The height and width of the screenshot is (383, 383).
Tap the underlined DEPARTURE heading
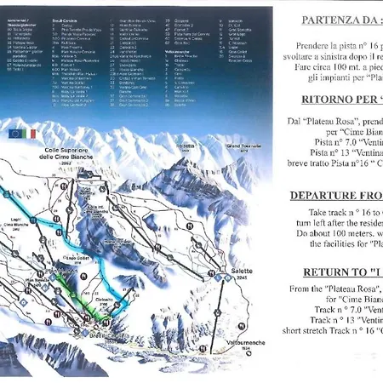(x=334, y=195)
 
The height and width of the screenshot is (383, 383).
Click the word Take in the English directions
(x=318, y=211)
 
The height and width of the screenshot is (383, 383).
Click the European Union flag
(x=15, y=134)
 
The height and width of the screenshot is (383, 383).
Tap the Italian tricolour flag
(x=31, y=134)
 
